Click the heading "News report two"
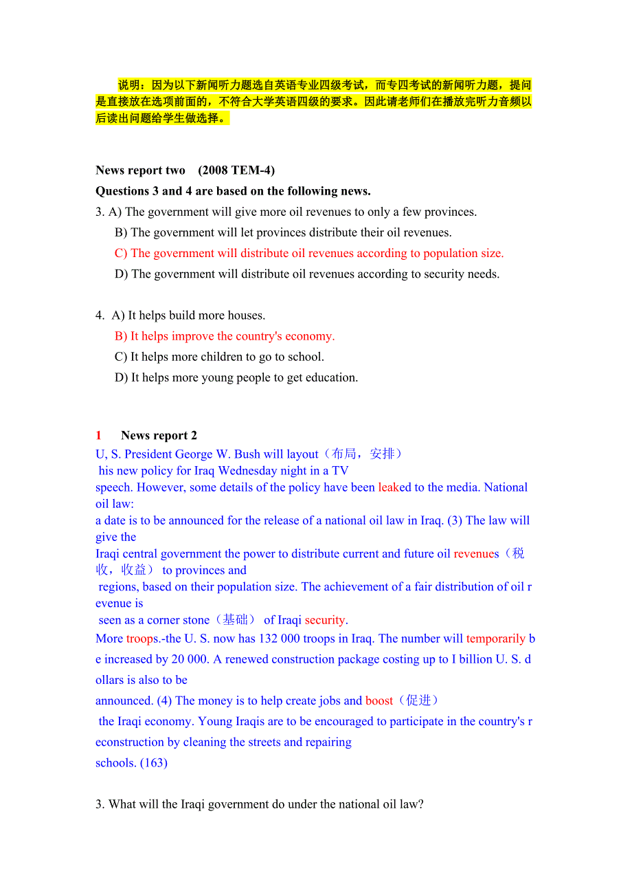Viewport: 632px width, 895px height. (x=140, y=170)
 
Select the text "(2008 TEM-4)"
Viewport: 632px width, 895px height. (x=236, y=170)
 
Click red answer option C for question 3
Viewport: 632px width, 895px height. (x=309, y=254)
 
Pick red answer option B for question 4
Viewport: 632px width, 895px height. (x=225, y=336)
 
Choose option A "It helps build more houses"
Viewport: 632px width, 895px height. (x=189, y=316)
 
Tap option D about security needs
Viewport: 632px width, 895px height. (x=307, y=274)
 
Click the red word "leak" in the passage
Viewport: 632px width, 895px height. (x=388, y=487)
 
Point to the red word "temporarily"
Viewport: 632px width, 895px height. (x=495, y=639)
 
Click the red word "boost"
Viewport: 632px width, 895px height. (x=379, y=700)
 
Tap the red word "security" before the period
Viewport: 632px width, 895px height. (x=325, y=620)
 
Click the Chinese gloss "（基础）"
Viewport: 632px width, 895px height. (x=235, y=620)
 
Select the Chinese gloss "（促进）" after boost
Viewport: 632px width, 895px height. (x=418, y=700)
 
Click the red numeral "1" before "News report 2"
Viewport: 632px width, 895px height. (x=99, y=435)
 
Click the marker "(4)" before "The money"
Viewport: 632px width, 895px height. (x=164, y=700)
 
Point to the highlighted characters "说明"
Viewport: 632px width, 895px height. (x=129, y=85)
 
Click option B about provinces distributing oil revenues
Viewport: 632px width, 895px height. (x=283, y=233)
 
